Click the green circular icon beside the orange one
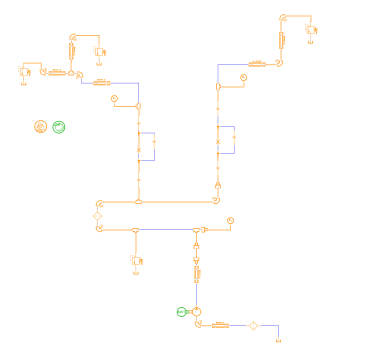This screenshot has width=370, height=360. (x=59, y=126)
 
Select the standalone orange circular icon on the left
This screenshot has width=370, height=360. (x=40, y=126)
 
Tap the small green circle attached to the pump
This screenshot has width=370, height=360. (x=181, y=312)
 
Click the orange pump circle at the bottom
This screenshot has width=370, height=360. (x=196, y=313)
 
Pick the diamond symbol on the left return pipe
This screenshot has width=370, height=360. (x=98, y=215)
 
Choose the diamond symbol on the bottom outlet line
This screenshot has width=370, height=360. (x=254, y=325)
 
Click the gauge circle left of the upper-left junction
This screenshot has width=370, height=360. (x=114, y=97)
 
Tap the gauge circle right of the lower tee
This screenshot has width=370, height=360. (x=230, y=219)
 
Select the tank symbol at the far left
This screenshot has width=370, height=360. (x=24, y=72)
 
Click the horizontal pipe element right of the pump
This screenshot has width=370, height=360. (x=221, y=325)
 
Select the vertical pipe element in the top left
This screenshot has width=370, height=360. (x=72, y=50)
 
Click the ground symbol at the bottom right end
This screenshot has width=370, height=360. (x=277, y=341)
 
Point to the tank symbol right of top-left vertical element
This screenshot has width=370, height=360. (x=99, y=51)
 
